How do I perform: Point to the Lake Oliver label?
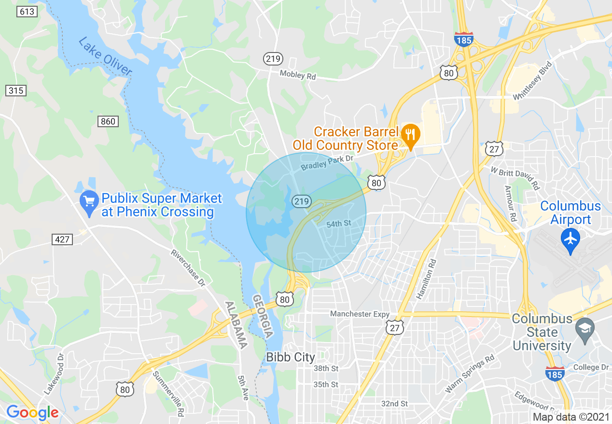point(105,56)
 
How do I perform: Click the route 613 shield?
point(27,11)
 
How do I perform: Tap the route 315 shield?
point(16,90)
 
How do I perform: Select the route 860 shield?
point(108,121)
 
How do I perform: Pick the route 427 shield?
point(62,239)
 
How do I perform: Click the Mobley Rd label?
point(298,75)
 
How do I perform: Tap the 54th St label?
point(338,224)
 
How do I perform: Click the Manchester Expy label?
point(360,314)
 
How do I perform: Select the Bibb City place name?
point(291,358)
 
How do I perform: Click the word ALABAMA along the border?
point(236,325)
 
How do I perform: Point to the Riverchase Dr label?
point(188,268)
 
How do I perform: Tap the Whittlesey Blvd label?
point(532,81)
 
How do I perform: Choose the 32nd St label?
point(394,403)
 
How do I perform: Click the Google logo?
point(32,412)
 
